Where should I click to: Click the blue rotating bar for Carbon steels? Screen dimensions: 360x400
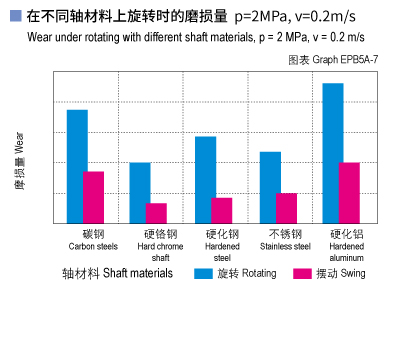[x=77, y=166]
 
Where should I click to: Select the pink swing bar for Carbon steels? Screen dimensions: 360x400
[x=93, y=197]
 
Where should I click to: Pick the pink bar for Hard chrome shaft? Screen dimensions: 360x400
[x=156, y=213]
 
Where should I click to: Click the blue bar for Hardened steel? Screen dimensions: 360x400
[x=205, y=179]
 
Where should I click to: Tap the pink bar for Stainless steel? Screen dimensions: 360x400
[x=286, y=208]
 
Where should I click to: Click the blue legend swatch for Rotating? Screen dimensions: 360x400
[x=203, y=273]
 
